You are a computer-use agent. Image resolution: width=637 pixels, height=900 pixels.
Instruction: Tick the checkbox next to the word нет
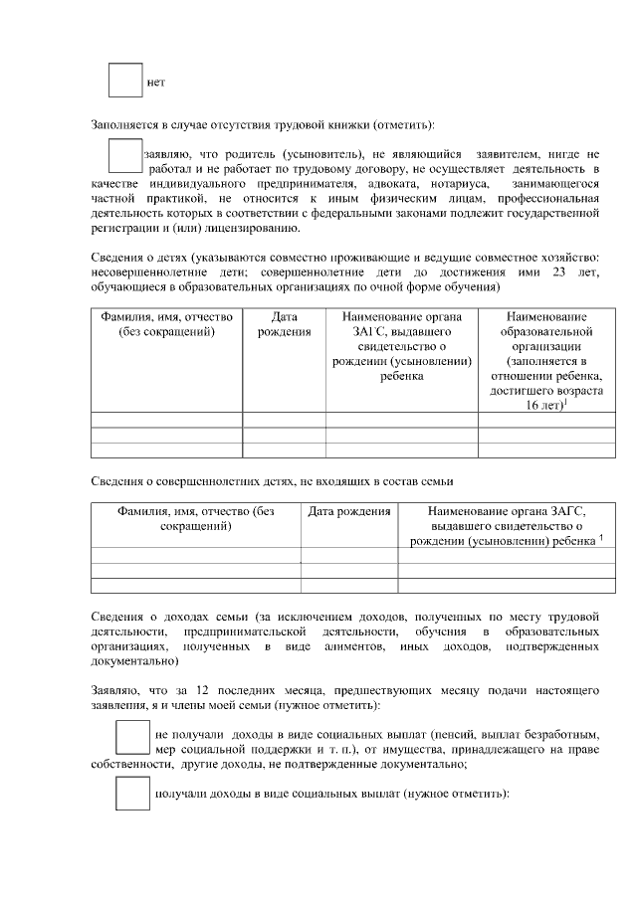124,80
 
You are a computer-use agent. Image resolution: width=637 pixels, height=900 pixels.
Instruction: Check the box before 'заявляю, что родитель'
124,156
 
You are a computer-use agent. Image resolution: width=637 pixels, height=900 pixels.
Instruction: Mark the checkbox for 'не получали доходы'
132,737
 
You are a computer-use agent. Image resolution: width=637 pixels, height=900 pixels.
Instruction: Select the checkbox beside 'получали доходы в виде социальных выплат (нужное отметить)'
132,793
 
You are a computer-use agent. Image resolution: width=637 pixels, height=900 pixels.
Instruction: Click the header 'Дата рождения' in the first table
284,324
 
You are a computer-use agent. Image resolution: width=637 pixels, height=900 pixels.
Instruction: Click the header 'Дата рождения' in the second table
348,511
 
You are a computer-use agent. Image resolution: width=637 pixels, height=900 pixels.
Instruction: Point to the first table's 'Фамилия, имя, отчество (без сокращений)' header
166,324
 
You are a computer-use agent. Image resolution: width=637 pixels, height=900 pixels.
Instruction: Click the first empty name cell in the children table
166,420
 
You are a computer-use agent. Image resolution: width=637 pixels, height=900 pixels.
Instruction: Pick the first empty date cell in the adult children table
348,555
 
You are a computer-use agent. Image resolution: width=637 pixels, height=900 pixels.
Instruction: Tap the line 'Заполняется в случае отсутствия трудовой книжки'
263,125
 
